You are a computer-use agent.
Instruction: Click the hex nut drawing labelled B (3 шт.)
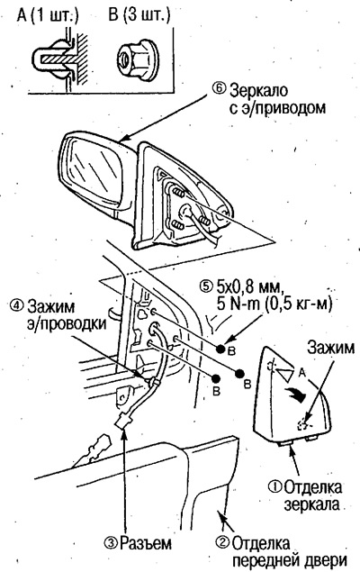pyautogui.click(x=136, y=59)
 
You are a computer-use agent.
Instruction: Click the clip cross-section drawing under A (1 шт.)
pyautogui.click(x=60, y=59)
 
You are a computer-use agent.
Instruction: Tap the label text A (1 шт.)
pyautogui.click(x=47, y=15)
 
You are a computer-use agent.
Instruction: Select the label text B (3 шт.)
pyautogui.click(x=139, y=15)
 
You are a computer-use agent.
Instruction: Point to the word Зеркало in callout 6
pyautogui.click(x=258, y=90)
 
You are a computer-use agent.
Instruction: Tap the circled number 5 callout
pyautogui.click(x=206, y=286)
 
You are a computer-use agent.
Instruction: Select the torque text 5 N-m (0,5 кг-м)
pyautogui.click(x=274, y=304)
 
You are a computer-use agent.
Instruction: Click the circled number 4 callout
pyautogui.click(x=16, y=305)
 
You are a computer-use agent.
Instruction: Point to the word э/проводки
pyautogui.click(x=67, y=323)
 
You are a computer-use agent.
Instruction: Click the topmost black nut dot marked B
pyautogui.click(x=220, y=349)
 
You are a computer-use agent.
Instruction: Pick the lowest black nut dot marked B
pyautogui.click(x=216, y=378)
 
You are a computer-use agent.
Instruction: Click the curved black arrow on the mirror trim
pyautogui.click(x=294, y=394)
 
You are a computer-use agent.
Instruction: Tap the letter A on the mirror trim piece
pyautogui.click(x=301, y=372)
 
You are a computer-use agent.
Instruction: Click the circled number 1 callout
pyautogui.click(x=274, y=486)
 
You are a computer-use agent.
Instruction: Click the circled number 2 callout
pyautogui.click(x=222, y=543)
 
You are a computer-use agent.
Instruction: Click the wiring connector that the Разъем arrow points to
pyautogui.click(x=122, y=424)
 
